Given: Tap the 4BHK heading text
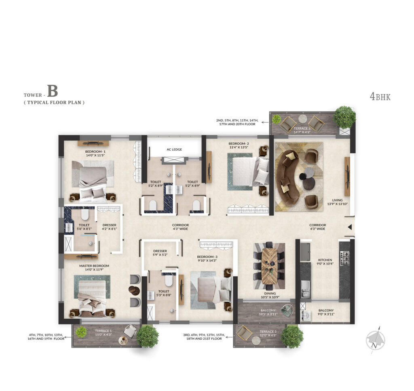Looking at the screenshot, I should (380, 96).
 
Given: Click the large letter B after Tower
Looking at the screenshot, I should (53, 91).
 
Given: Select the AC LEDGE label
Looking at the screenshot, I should (174, 149).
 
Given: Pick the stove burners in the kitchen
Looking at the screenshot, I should (345, 259).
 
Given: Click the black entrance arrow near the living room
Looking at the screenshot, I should (350, 227).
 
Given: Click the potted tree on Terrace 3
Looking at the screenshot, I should (344, 117).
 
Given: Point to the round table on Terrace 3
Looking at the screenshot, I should (302, 118).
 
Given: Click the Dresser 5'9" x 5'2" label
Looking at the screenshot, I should (160, 253).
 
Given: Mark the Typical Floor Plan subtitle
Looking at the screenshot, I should (54, 103).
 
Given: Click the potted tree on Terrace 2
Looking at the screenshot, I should (292, 336).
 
